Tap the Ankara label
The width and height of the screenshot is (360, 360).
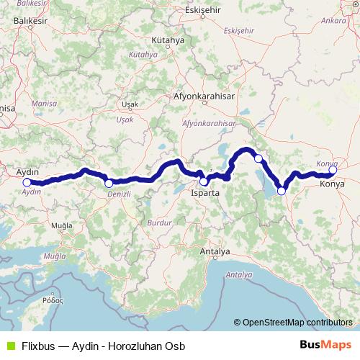click(x=334, y=21)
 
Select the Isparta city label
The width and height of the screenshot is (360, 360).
click(x=204, y=194)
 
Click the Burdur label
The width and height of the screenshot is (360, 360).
click(x=159, y=224)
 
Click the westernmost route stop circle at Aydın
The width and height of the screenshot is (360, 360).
click(x=27, y=182)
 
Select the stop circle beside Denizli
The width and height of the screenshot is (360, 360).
click(x=109, y=184)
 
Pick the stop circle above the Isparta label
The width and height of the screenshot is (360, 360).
click(x=204, y=181)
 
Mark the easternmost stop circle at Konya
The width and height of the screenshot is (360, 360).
click(x=333, y=171)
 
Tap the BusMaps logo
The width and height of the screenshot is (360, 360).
click(x=325, y=346)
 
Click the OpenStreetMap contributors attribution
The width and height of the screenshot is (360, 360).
click(x=293, y=323)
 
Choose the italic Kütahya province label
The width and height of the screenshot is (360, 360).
click(x=143, y=55)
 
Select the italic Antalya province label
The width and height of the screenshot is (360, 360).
click(x=239, y=275)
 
